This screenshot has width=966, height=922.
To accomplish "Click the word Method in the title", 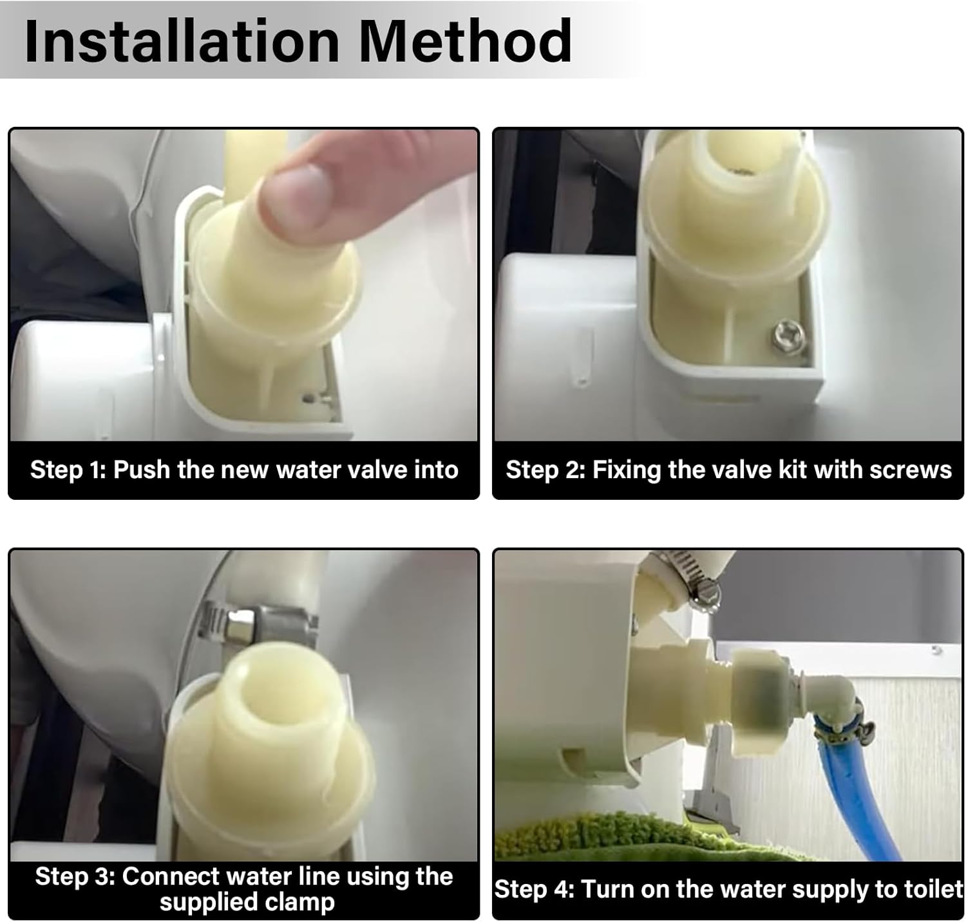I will pyautogui.click(x=464, y=41).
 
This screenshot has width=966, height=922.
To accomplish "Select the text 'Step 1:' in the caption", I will pyautogui.click(x=68, y=470).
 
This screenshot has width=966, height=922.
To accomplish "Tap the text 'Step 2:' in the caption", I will pyautogui.click(x=545, y=470).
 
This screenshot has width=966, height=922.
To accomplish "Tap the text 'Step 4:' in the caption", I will pyautogui.click(x=534, y=889).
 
